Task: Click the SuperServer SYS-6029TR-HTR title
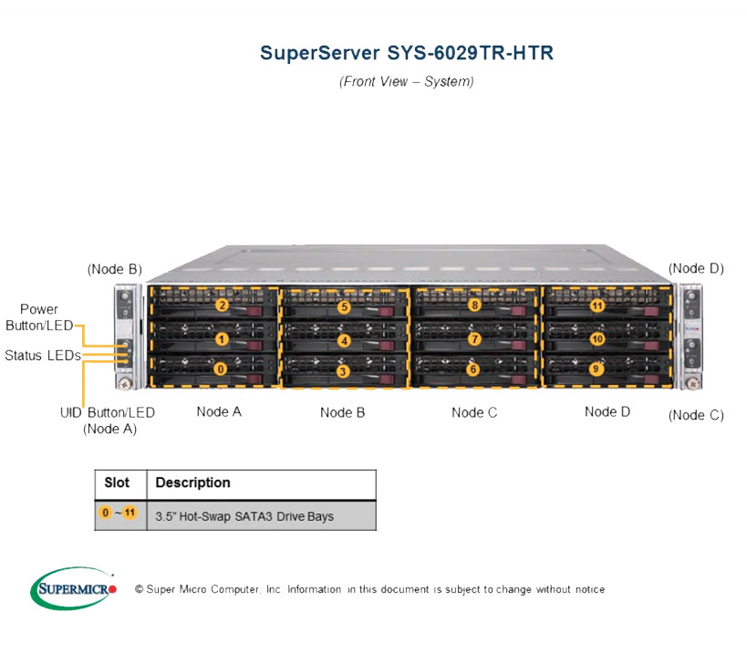(x=407, y=53)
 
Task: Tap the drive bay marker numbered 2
(x=222, y=305)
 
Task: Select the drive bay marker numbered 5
(x=345, y=306)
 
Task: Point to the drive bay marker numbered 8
(x=474, y=305)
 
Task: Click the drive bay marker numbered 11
(x=597, y=306)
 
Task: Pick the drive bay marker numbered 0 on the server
(x=220, y=369)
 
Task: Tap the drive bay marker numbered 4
(x=345, y=340)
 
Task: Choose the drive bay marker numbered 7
(x=474, y=339)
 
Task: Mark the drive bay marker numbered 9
(x=596, y=369)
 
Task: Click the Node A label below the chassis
(x=219, y=411)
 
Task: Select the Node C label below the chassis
(x=474, y=412)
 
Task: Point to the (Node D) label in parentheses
(x=696, y=268)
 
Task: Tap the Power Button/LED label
(x=39, y=317)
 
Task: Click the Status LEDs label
(x=43, y=356)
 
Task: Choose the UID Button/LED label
(x=108, y=412)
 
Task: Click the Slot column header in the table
(x=117, y=483)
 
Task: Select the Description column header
(x=193, y=483)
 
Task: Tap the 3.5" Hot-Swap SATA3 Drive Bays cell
(x=244, y=516)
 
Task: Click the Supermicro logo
(x=73, y=588)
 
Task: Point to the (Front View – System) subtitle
(x=407, y=81)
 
